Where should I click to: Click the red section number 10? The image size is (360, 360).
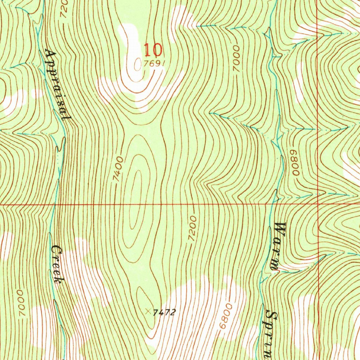point(153,50)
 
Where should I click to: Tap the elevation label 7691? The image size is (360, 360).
point(154,64)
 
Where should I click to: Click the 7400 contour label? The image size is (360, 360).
point(118,169)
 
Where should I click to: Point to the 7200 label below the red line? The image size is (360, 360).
point(192,229)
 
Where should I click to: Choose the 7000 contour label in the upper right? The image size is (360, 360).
point(236,58)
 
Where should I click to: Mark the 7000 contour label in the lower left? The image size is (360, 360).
point(21,302)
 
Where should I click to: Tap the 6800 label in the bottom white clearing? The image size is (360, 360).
point(226,317)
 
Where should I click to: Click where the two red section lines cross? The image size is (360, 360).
point(317,204)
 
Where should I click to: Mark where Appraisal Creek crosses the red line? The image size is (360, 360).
point(54,204)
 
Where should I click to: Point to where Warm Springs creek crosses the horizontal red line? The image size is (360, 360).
point(273,204)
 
